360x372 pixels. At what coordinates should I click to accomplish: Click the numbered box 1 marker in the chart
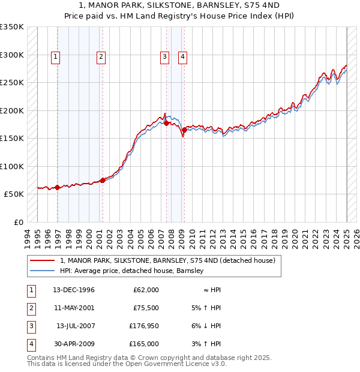click(55, 57)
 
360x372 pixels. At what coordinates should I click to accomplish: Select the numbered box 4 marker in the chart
click(182, 57)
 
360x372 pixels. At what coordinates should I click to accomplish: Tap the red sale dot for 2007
click(166, 124)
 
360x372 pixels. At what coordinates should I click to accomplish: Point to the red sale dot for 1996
click(58, 188)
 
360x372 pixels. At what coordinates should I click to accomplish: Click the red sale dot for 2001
click(103, 180)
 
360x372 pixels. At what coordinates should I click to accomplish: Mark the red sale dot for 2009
click(184, 130)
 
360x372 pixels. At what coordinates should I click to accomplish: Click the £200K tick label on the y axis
click(12, 110)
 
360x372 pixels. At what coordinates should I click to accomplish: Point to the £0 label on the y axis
click(18, 222)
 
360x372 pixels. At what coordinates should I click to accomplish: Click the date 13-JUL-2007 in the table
click(75, 326)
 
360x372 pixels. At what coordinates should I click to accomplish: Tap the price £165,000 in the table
click(144, 344)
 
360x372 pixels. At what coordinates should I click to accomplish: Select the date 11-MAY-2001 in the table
click(74, 308)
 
